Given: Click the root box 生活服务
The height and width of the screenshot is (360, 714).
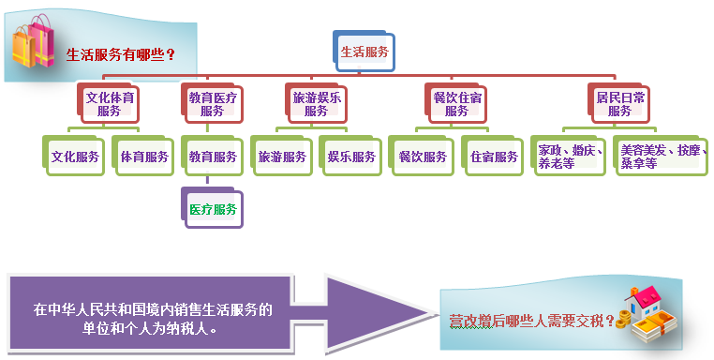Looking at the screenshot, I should (364, 52).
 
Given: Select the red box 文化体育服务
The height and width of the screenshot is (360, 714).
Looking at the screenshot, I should (109, 103).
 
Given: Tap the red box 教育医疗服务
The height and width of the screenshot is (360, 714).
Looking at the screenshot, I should (213, 103).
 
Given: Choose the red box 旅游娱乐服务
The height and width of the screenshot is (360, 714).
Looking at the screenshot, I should (317, 103).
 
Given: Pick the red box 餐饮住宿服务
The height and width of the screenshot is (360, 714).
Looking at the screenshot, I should (456, 103).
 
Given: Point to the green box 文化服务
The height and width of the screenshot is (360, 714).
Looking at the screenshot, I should (76, 157).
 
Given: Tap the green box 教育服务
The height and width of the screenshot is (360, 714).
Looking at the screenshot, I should (213, 157).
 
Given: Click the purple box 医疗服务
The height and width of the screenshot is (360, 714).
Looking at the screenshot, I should (213, 209).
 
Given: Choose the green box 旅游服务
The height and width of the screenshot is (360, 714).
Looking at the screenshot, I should (282, 157).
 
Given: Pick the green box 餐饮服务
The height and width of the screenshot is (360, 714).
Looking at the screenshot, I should (423, 157).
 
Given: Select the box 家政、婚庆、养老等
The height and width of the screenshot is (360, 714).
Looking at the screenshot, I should (571, 156).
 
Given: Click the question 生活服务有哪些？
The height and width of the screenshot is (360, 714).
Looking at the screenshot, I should (122, 54).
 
